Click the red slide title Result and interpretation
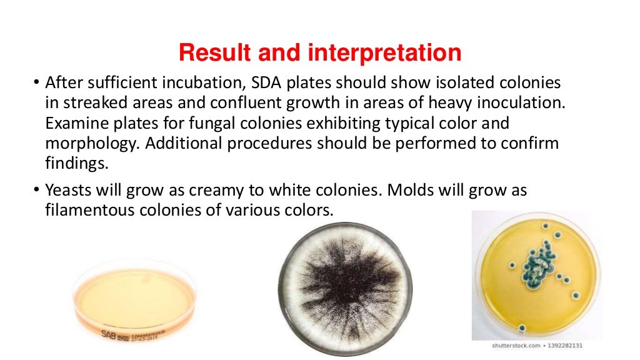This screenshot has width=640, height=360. coord(320,53)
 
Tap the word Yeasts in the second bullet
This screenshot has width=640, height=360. coord(68,191)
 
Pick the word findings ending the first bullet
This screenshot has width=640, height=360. coord(72,163)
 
